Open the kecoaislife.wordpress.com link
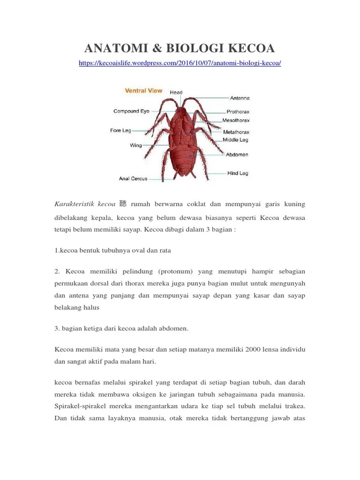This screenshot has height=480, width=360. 180,63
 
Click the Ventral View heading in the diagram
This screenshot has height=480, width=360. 143,90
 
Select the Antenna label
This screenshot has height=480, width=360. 240,98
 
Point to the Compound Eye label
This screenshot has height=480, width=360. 131,111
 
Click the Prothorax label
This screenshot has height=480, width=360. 238,112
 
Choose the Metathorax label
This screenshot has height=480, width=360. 236,132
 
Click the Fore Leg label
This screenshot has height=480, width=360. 120,130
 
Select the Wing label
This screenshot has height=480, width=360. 135,145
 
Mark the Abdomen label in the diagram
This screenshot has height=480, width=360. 237,154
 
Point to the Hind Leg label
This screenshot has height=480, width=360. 238,173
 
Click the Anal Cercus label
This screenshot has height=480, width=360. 133,178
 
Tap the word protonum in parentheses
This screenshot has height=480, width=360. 176,271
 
